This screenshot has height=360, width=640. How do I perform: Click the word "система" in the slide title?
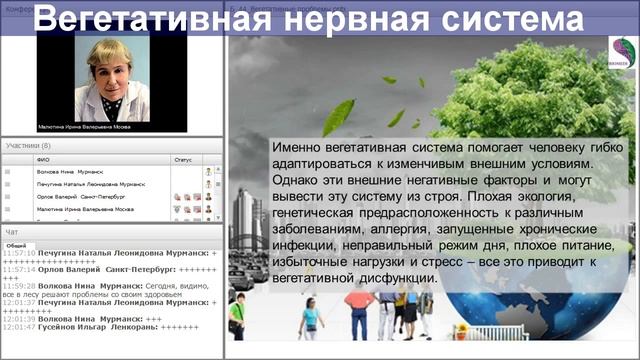point(512,20)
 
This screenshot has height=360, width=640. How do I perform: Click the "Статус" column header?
point(182,159)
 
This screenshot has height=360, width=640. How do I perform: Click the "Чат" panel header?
point(11,231)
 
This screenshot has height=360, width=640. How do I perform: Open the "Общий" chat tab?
point(16,244)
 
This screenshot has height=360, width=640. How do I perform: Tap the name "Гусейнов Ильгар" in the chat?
point(70,327)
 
